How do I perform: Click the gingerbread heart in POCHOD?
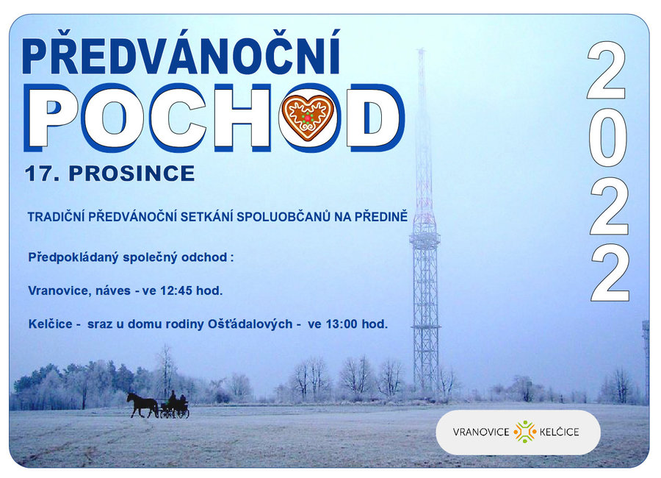pos(308,117)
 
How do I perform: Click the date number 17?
pos(40,174)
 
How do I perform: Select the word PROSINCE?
pos(131,174)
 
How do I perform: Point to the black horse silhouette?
pos(142,405)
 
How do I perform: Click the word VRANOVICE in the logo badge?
pos(481,432)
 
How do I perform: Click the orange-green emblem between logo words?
pos(525,432)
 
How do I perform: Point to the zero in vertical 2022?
pos(607,140)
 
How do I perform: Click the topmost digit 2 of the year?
pos(606,70)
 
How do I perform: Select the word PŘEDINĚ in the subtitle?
pos(380,217)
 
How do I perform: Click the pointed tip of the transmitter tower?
pos(421,50)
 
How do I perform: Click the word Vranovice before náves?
pos(58,291)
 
